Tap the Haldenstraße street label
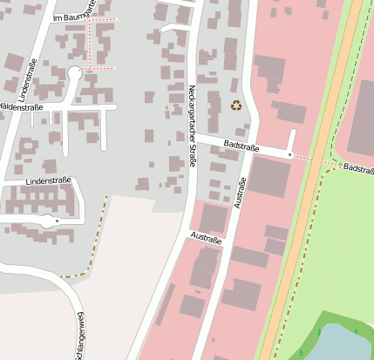21,106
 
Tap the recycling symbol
236,105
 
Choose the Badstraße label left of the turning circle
241,142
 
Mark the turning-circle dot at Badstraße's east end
290,154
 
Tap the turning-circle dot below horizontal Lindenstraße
57,221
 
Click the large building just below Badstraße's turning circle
270,176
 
